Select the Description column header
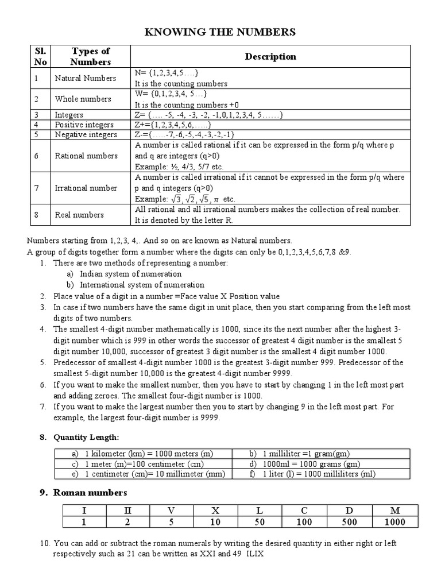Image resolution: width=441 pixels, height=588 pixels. pos(270,56)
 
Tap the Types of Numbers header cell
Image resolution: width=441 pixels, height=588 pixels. pos(90,56)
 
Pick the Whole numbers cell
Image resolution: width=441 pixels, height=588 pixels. pos(83,99)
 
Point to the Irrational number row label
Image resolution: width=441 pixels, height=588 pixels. pos(86,188)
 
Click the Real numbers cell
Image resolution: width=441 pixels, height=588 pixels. pos(79,215)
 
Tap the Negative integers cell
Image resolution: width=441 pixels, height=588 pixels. pos(86,134)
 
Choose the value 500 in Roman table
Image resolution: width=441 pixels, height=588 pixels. pos(349,522)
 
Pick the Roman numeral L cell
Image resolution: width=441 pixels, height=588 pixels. pos(260,510)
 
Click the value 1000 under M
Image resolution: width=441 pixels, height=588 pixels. pos(396,522)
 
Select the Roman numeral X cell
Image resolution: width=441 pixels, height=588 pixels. pos(215,510)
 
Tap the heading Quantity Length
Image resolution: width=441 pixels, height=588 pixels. pos(86,438)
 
